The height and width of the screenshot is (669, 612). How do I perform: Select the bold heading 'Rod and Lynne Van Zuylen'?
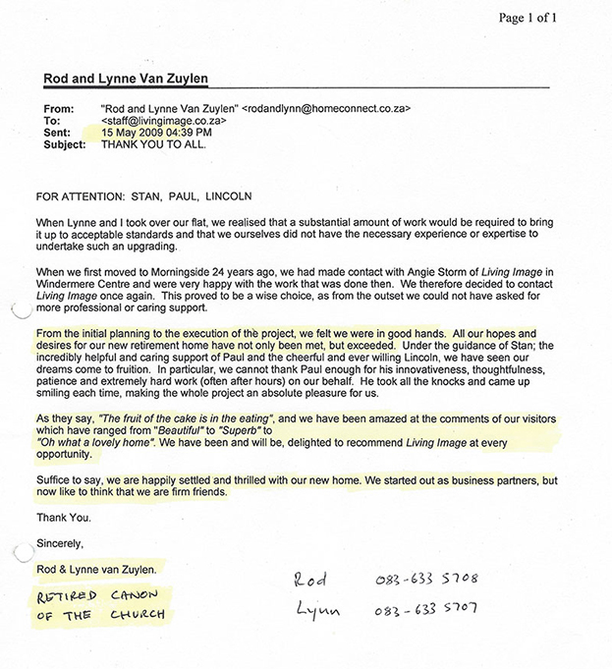127,79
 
